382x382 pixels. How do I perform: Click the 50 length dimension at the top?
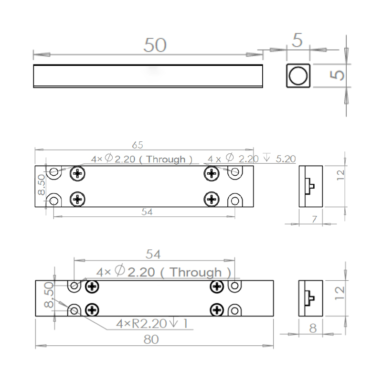(x=155, y=45)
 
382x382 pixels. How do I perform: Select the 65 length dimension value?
(x=138, y=145)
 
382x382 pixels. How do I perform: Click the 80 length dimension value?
(x=151, y=340)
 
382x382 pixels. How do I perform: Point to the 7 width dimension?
(x=314, y=219)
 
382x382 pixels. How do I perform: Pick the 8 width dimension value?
(x=313, y=328)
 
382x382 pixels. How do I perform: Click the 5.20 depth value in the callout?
(x=286, y=159)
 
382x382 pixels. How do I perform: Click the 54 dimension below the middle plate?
(x=147, y=212)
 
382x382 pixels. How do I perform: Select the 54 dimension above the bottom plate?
(x=153, y=255)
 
